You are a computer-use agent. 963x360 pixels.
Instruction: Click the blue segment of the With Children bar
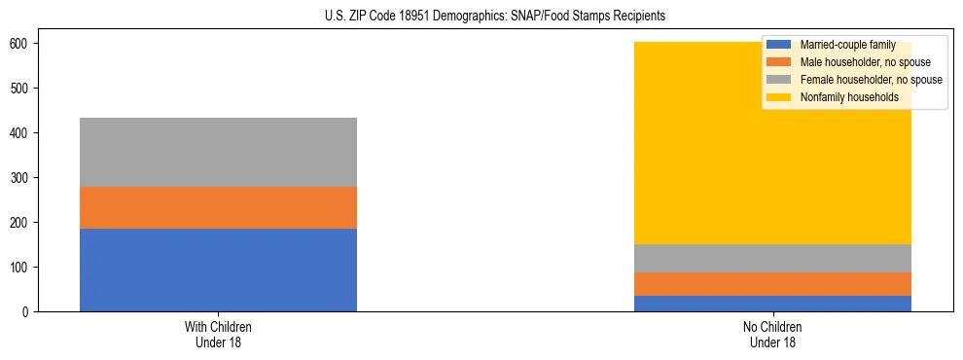(218, 270)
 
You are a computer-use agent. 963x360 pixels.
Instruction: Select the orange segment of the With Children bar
(218, 207)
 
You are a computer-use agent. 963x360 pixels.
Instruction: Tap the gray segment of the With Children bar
(218, 152)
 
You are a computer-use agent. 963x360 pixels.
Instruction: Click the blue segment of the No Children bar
(772, 304)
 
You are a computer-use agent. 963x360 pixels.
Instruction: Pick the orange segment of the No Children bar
(772, 283)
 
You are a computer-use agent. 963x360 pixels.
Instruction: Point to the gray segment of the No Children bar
(772, 258)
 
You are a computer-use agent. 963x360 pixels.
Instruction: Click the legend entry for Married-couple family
(844, 45)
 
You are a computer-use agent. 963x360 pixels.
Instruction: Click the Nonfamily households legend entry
(849, 97)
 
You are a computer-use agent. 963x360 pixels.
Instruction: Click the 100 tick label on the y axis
(24, 268)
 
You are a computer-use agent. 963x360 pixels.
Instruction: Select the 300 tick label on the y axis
(24, 178)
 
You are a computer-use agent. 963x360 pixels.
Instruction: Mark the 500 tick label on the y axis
(24, 89)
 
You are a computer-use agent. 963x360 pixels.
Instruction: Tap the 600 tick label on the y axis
(24, 44)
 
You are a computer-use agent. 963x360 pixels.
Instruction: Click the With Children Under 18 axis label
(218, 335)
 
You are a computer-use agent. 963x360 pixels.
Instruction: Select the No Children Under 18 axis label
(772, 335)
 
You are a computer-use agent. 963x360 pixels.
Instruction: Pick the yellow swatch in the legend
(779, 97)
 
